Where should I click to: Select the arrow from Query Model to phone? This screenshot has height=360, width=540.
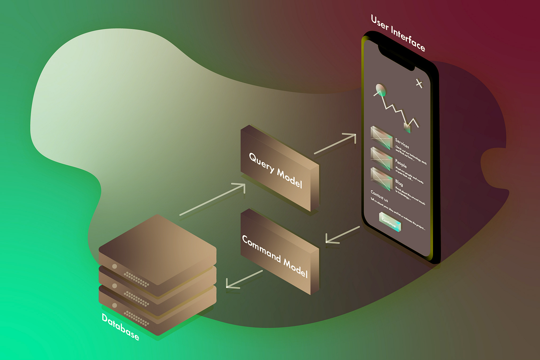pos(335,144)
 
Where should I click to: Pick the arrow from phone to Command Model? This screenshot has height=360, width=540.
pos(342,235)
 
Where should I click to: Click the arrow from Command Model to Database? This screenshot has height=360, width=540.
pos(244,279)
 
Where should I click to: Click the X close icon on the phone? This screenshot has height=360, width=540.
pos(419,83)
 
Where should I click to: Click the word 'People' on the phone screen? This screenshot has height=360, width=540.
pos(401,163)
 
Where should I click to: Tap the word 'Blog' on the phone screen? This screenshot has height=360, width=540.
pos(399,183)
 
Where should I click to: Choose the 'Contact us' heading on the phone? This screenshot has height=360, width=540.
pos(379,196)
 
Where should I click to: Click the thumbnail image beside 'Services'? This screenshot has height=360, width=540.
pos(381,137)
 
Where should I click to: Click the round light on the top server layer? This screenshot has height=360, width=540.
pos(115,266)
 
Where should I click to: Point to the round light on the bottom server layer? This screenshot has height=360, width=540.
pos(115,305)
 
